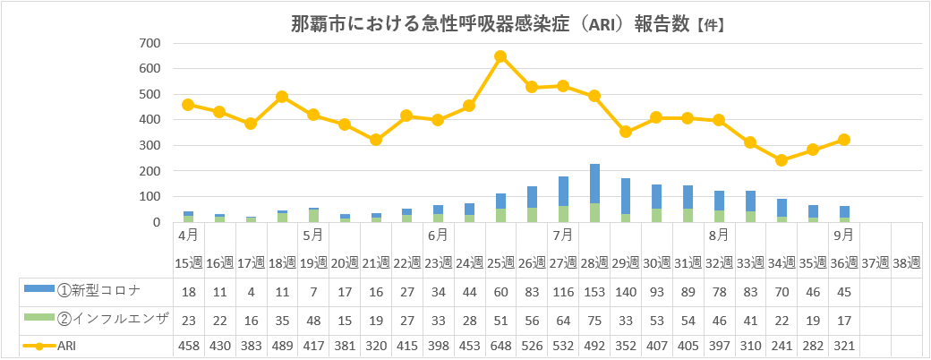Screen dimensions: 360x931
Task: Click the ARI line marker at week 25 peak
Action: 500,56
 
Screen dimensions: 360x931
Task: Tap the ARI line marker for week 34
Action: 782,160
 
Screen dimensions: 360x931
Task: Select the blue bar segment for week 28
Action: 594,184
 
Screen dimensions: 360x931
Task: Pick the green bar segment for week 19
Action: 313,215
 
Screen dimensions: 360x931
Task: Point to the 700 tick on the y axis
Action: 149,43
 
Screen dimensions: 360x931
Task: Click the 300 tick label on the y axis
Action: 149,145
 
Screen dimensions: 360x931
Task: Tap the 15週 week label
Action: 188,262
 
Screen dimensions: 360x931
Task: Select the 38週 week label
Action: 907,262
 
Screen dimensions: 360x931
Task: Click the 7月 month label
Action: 563,236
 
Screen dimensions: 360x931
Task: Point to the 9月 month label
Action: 842,236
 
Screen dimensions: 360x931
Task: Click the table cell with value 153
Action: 594,290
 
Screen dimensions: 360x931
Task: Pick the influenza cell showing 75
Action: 594,318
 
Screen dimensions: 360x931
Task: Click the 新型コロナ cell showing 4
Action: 251,290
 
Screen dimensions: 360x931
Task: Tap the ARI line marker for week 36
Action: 842,140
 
